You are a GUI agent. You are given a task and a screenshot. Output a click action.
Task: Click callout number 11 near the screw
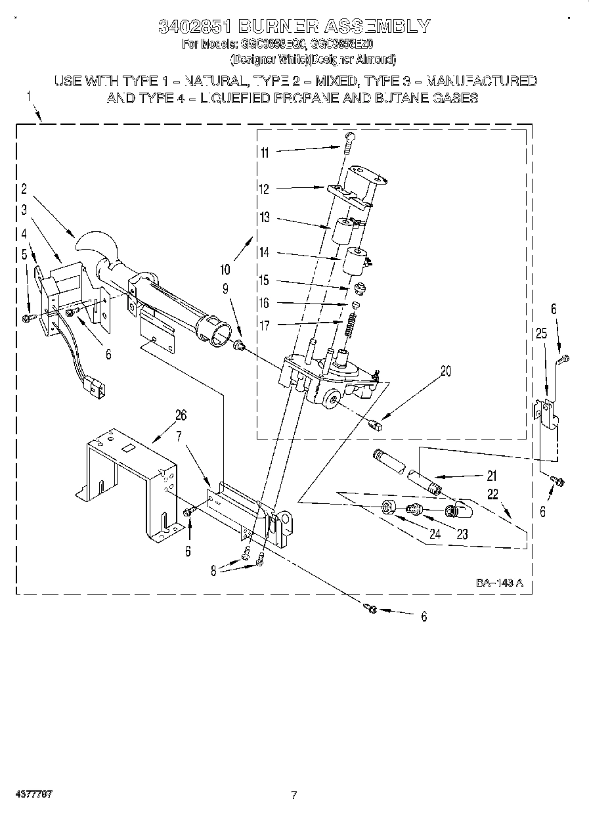click(x=264, y=152)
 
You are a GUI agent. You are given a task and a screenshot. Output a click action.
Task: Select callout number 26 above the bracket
click(x=181, y=415)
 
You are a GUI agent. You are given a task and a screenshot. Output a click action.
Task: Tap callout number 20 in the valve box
click(x=446, y=371)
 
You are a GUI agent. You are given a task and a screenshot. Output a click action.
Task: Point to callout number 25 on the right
click(x=541, y=334)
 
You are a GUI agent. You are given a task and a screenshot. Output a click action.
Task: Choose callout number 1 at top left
click(x=28, y=97)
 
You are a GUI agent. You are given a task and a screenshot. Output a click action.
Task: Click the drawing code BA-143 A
click(x=499, y=583)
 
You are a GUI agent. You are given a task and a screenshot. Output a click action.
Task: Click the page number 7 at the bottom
click(x=294, y=795)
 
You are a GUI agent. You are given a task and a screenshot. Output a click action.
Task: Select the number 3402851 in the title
click(x=194, y=26)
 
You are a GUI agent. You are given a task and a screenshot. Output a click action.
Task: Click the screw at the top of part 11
click(x=350, y=136)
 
